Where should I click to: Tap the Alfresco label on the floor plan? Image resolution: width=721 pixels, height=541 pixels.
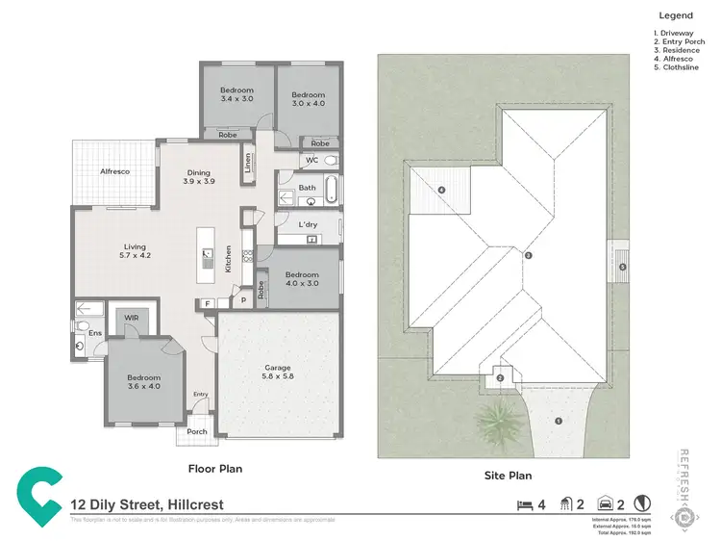[x=115, y=171]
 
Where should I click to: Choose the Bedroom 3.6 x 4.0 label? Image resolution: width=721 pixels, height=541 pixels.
[x=142, y=382]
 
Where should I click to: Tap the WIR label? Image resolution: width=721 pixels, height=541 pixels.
[x=126, y=319]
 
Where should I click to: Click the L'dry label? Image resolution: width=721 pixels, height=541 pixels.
[x=308, y=224]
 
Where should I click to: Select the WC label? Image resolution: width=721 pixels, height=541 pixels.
[x=312, y=160]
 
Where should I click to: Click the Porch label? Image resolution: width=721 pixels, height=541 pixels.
[x=197, y=431]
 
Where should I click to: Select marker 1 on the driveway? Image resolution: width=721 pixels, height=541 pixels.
[x=559, y=420]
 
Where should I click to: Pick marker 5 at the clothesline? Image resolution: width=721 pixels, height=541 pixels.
[x=622, y=267]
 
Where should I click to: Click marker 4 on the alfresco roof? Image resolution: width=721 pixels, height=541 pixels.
[x=441, y=191]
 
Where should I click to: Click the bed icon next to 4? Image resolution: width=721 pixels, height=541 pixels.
[x=524, y=504]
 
